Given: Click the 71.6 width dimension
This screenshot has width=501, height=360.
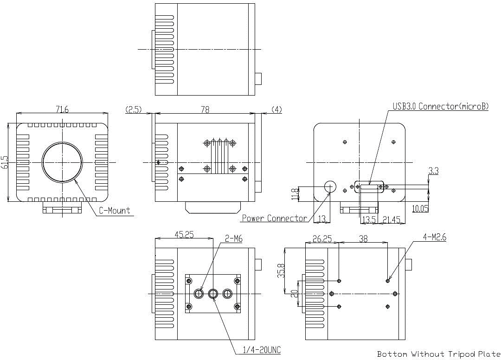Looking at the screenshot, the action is point(62,109).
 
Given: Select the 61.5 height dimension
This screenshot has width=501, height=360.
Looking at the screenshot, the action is point(4,162).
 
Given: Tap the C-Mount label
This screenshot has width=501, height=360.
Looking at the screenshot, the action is point(115,211).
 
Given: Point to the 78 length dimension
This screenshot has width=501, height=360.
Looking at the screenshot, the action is point(205,109).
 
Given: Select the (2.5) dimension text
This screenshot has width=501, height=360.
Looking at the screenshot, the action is point(134,109).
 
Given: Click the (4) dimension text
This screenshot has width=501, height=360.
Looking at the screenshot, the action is point(276,109).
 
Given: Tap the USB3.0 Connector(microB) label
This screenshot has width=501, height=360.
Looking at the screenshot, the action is point(441,106).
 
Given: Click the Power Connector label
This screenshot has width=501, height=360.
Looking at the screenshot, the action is point(275,218).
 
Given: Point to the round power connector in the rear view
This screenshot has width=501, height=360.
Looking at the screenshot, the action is point(330,186).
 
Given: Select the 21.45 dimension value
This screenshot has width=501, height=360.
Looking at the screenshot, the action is point(392,219).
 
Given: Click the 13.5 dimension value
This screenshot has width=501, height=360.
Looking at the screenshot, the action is point(369,219).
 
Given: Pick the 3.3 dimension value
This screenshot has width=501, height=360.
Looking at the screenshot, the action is point(433,171).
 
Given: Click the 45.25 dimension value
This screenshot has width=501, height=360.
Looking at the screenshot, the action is point(184,234).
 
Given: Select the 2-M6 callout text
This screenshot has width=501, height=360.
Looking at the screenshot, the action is point(233,238).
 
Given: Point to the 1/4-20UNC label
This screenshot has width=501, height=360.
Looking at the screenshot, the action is point(262,350).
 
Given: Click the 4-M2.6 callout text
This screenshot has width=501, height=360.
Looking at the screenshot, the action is point(435,237).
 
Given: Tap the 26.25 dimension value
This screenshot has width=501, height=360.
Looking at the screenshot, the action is point(322,238).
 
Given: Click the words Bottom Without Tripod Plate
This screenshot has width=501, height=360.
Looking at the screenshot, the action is point(439,354).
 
